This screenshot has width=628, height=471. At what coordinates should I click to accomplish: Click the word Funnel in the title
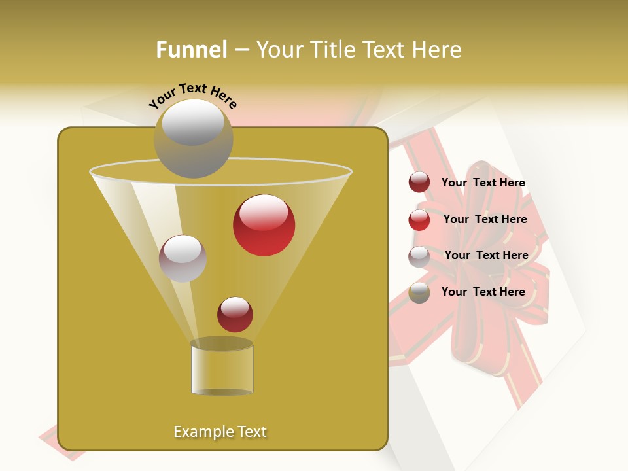tap(191, 50)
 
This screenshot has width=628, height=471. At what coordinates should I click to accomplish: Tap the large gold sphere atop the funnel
tap(193, 138)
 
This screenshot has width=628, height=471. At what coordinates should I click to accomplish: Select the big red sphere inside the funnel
tap(264, 225)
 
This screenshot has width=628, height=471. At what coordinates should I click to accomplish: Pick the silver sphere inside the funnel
tap(183, 258)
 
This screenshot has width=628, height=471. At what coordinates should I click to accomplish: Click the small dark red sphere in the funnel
tap(235, 314)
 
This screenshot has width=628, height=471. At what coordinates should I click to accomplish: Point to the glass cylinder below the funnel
tap(222, 368)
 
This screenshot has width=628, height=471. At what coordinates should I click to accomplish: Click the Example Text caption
tap(220, 432)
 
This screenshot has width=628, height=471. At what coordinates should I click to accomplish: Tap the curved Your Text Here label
tap(192, 96)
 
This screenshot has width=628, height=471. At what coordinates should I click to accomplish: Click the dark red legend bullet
tap(419, 183)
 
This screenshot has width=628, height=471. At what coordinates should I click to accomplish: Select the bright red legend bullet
tap(419, 220)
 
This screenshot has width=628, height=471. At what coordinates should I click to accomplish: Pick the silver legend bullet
tap(419, 256)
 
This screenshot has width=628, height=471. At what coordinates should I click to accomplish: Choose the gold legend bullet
tap(419, 292)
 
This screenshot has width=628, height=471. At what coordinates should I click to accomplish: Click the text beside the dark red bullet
tap(483, 183)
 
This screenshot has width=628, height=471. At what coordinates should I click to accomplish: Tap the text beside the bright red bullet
tap(485, 220)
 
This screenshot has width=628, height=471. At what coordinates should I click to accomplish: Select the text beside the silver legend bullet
tap(486, 256)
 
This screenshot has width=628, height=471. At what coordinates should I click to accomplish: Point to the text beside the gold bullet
tap(483, 292)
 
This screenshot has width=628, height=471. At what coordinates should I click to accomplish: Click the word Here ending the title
tap(437, 50)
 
